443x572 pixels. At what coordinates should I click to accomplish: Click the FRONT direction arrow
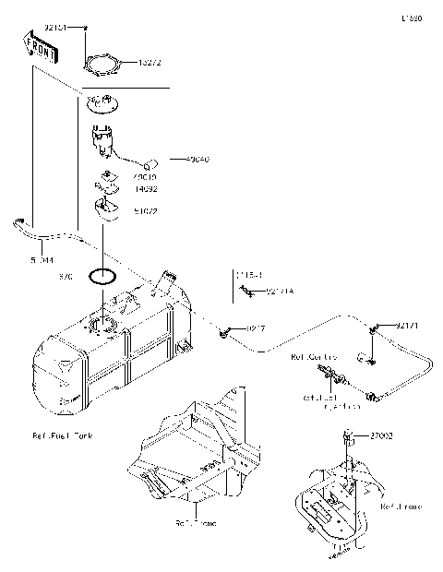coord(38,47)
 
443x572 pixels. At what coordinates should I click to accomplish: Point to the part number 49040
coord(198,160)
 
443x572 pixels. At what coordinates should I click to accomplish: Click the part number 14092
coord(146,188)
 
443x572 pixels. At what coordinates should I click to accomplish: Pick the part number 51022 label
coord(146,210)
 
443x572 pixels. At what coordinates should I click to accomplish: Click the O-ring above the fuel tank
coord(102,275)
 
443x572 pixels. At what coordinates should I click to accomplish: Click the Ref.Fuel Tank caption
coord(63,435)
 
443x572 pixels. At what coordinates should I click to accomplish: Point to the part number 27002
coord(382,434)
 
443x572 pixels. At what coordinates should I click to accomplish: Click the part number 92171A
coord(279,292)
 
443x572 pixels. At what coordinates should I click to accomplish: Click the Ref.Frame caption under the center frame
coord(195,524)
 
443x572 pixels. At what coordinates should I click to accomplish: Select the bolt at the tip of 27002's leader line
coord(349,435)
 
